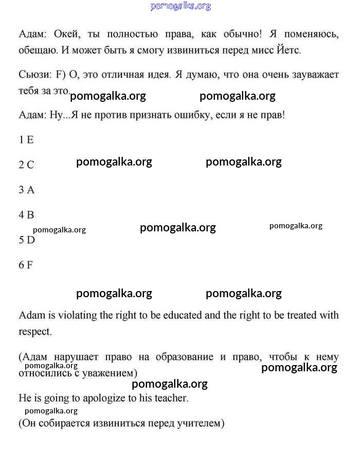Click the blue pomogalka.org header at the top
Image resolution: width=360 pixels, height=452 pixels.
tap(181, 6)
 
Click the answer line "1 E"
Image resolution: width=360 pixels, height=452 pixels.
tap(26, 139)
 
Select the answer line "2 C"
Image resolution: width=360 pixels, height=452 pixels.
tap(26, 165)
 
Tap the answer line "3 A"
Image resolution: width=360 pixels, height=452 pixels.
tap(27, 190)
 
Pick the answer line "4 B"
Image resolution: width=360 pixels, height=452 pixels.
tap(26, 215)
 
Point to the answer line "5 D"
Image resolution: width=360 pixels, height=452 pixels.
tap(27, 240)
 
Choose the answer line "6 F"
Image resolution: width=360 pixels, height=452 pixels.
tap(26, 265)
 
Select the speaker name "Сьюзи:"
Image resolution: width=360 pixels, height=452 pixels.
tap(35, 75)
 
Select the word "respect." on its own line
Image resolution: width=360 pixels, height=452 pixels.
tap(35, 332)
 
